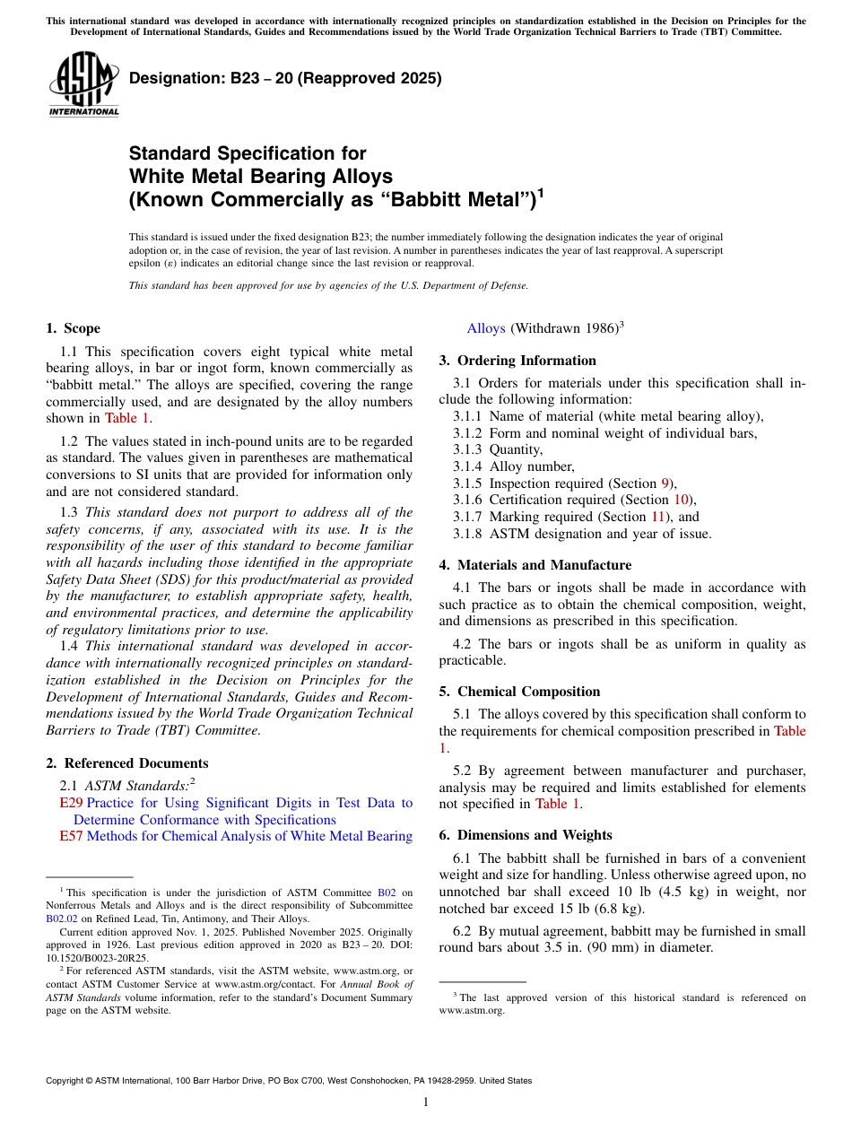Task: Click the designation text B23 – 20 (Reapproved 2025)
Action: tap(285, 78)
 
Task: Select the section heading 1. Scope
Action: tap(74, 328)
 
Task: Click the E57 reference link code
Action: tap(71, 836)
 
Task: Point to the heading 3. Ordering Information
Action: tap(517, 361)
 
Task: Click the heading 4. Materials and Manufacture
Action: tap(535, 565)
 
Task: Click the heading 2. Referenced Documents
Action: tap(127, 763)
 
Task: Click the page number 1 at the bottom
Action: tap(426, 1102)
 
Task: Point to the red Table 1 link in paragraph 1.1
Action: tap(126, 418)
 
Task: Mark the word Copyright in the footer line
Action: tap(67, 1081)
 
